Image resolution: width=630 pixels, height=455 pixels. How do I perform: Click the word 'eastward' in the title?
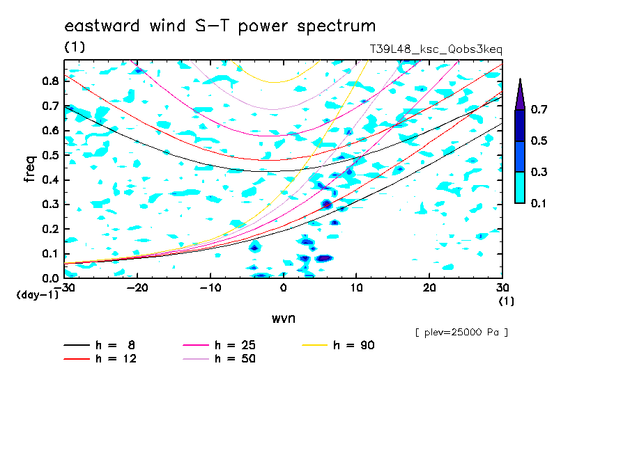click(x=102, y=26)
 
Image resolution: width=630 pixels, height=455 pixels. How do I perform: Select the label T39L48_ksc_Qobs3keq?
click(x=436, y=49)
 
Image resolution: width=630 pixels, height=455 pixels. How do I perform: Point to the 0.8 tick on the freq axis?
click(x=51, y=81)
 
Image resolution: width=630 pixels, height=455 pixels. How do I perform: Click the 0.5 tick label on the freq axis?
click(x=51, y=155)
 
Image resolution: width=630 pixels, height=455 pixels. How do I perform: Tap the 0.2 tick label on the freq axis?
click(x=51, y=229)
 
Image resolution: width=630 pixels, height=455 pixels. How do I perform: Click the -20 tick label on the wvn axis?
click(x=137, y=288)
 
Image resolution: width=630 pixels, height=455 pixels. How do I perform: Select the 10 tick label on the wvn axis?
click(x=356, y=288)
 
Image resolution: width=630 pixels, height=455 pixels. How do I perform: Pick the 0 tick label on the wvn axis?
click(x=283, y=288)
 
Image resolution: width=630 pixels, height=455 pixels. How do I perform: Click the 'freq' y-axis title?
click(x=30, y=169)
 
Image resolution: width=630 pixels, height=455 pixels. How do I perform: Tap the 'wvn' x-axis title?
click(x=284, y=319)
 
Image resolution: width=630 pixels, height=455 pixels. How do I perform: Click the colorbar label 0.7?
click(x=539, y=109)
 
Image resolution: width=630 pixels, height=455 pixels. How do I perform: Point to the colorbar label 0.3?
click(x=539, y=172)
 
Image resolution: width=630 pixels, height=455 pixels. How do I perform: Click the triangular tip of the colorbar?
click(x=521, y=79)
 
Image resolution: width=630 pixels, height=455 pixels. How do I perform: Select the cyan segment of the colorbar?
click(x=520, y=188)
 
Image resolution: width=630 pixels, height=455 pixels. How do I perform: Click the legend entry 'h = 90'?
click(x=339, y=345)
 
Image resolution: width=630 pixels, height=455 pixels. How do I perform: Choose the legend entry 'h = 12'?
click(x=100, y=358)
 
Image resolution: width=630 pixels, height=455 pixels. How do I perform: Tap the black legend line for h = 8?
click(x=77, y=345)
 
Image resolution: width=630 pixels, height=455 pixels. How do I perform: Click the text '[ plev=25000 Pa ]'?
click(x=461, y=333)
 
